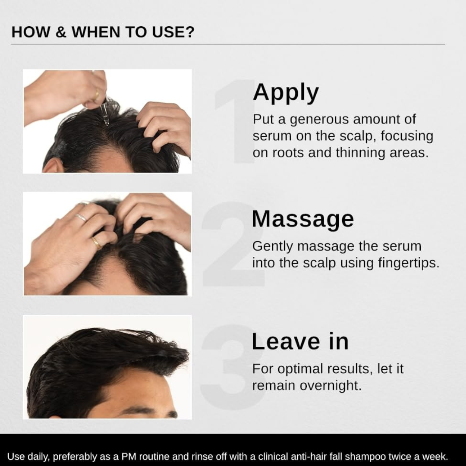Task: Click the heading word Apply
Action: point(286,92)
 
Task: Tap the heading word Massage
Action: point(303,219)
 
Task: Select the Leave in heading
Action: point(300,341)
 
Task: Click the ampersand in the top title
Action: point(61,32)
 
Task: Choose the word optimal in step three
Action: point(300,369)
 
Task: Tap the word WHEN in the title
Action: point(96,32)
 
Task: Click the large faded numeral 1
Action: point(235,121)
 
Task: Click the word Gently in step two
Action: point(272,247)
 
